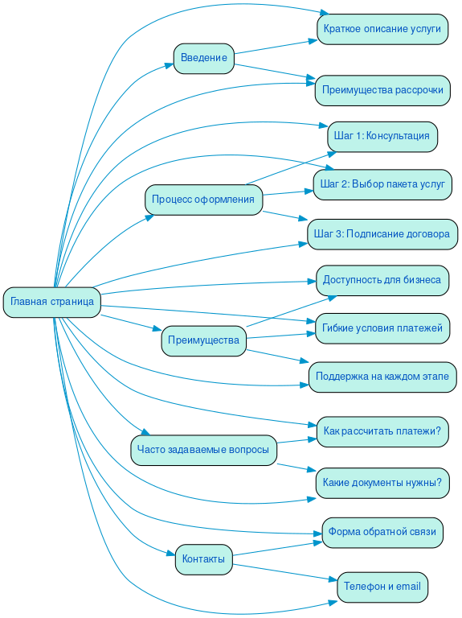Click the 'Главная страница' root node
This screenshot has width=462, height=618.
coord(52,302)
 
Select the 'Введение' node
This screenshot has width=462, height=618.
coord(203,58)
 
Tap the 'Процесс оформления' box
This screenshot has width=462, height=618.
coord(203,200)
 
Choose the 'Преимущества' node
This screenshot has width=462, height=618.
coord(203,340)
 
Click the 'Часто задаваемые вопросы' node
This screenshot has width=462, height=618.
coord(203,449)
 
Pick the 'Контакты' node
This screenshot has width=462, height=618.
coord(203,559)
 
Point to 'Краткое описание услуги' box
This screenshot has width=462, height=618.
coord(382,29)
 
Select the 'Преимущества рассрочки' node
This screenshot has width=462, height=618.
coord(382,90)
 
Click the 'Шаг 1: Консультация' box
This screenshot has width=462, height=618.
coord(382,136)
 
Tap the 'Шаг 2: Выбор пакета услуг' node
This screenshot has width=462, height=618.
coord(382,184)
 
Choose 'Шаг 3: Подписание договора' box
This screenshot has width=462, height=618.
coord(382,234)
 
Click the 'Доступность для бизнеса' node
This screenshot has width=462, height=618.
coord(382,280)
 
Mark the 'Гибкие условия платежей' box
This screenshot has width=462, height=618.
coord(382,328)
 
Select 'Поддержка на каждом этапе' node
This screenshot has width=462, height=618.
coord(382,377)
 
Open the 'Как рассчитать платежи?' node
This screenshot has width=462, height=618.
coord(382,431)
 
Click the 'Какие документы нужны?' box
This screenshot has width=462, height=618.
coord(382,483)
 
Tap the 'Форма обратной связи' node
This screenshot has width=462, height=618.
coord(382,532)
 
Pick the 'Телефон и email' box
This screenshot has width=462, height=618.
coord(382,587)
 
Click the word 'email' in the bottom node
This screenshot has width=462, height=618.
coord(408,587)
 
